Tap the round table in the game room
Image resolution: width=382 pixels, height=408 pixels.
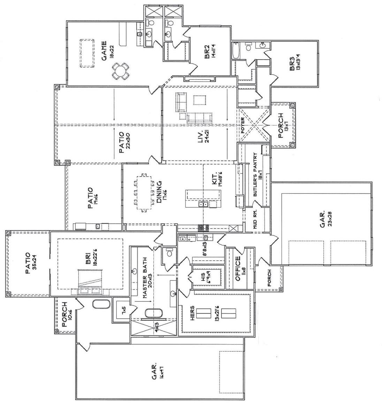[x=120, y=71]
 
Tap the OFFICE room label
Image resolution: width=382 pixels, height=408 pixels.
[x=238, y=269]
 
